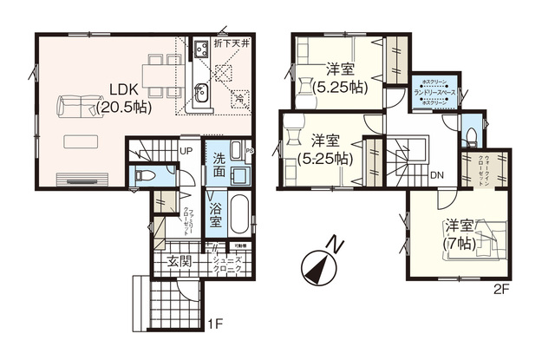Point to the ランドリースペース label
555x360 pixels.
pyautogui.click(x=431, y=92)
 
